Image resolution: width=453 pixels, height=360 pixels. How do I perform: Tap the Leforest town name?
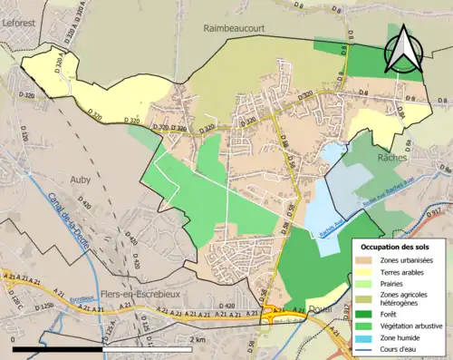(24, 13)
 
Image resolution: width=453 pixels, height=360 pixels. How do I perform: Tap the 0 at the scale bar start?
(14, 339)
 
